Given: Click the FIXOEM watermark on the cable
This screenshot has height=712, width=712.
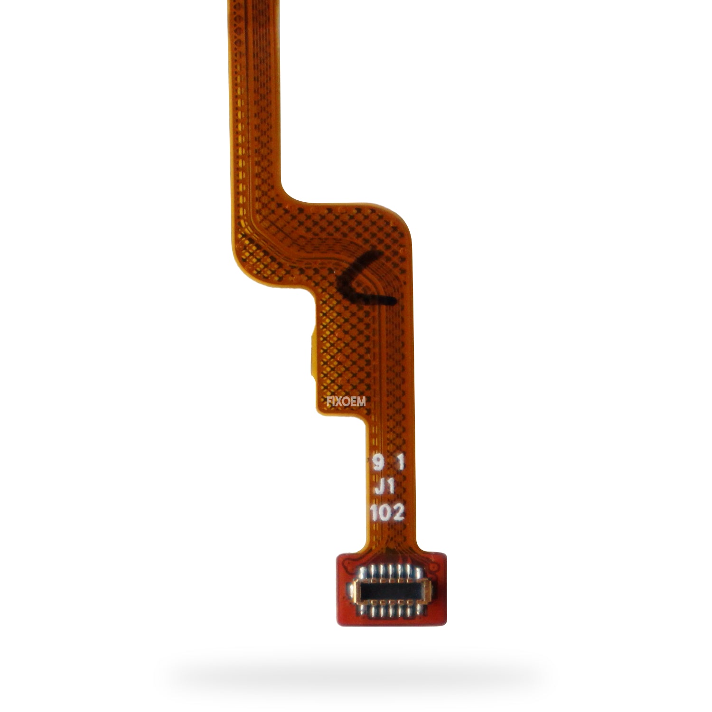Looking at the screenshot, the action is tap(346, 402).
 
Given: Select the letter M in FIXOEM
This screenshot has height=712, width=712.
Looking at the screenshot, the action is tap(362, 402).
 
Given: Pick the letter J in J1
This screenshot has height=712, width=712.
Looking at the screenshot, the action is tap(380, 487).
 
